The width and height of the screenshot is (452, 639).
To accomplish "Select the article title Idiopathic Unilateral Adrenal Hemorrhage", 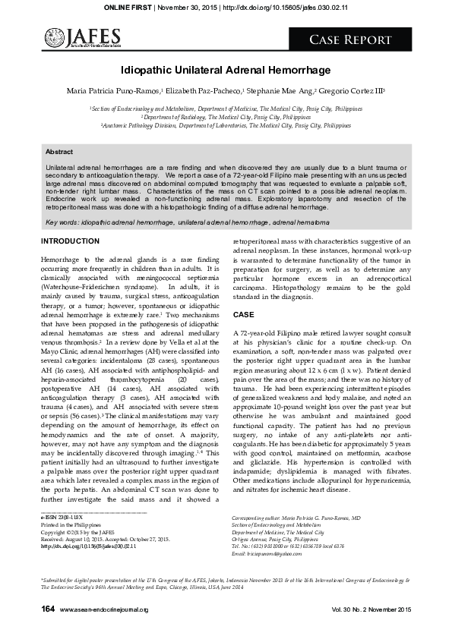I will pyautogui.click(x=226, y=70).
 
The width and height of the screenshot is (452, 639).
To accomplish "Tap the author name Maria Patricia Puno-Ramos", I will pyautogui.click(x=115, y=91).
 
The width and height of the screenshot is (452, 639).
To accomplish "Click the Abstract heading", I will pyautogui.click(x=60, y=152).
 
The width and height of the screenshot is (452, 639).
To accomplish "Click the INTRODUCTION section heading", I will pyautogui.click(x=70, y=241).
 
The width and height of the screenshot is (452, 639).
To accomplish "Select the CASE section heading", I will pyautogui.click(x=244, y=314).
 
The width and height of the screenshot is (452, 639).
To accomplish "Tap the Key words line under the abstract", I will pyautogui.click(x=188, y=222).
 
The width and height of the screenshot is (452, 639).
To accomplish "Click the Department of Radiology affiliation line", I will pyautogui.click(x=226, y=118).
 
